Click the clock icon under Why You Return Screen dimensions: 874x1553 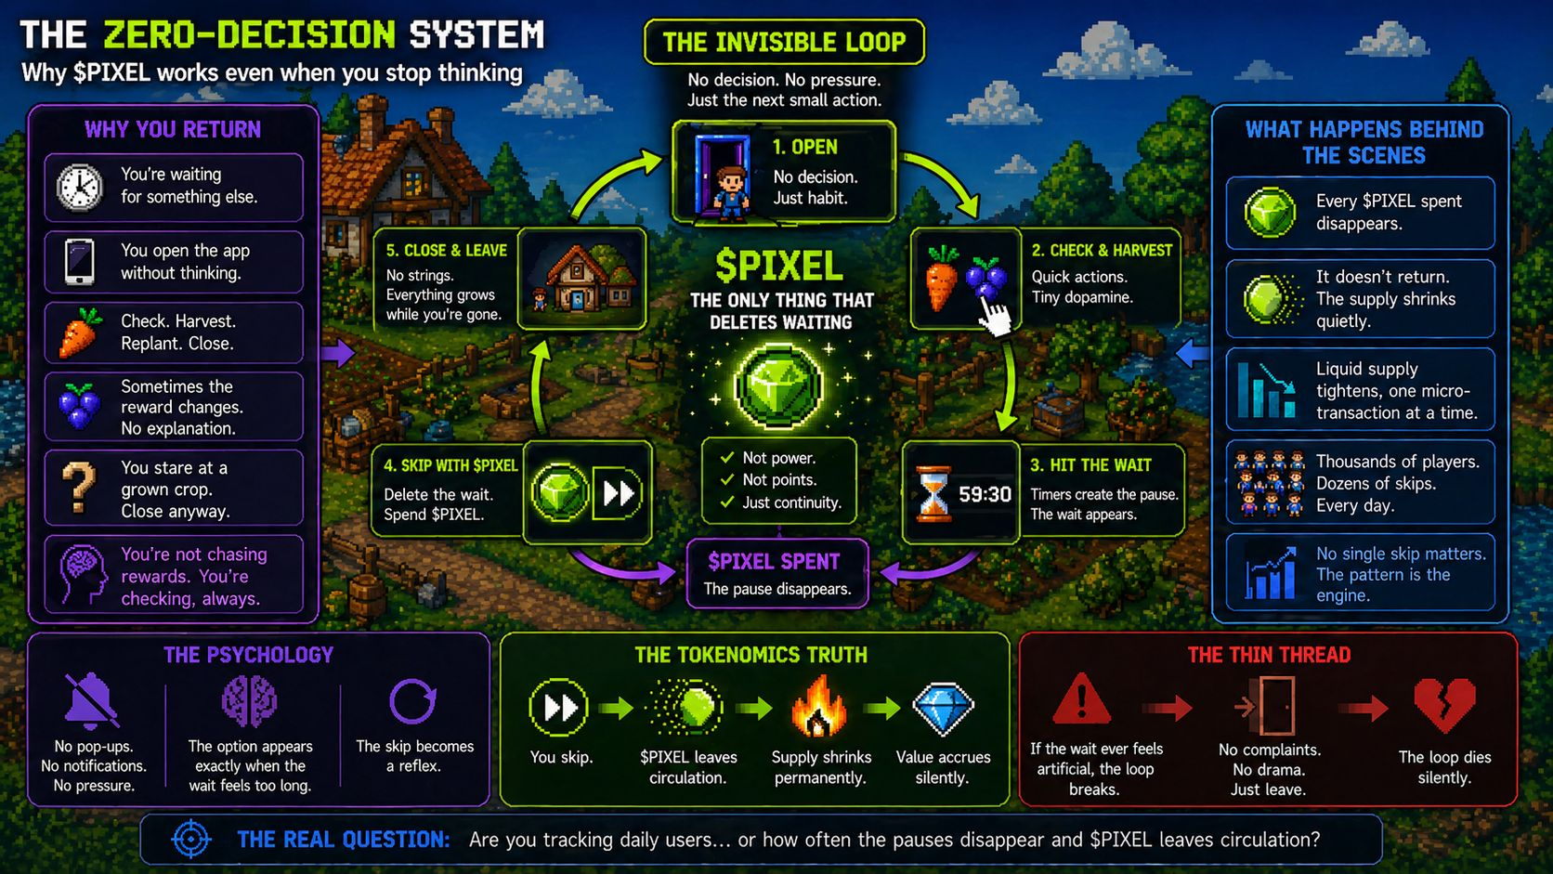coord(80,187)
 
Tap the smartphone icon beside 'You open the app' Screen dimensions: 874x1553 coord(80,261)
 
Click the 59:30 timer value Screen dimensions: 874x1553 coord(985,494)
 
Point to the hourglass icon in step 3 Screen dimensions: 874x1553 coord(933,494)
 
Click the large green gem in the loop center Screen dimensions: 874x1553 coord(778,385)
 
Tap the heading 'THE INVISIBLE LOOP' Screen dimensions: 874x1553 coord(784,42)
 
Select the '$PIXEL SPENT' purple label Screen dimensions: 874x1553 coord(774,561)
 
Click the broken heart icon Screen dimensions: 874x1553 coord(1443,705)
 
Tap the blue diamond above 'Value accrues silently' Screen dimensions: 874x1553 coord(943,708)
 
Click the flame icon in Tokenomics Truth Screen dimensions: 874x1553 coord(818,707)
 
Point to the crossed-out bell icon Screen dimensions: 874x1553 coord(91,700)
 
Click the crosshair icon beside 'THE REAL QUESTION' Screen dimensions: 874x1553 coord(191,840)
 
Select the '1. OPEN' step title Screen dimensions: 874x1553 coord(804,147)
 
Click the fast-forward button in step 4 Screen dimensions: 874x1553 coord(619,492)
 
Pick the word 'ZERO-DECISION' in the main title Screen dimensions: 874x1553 coord(249,35)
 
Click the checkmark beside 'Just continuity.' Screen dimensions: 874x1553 coord(727,502)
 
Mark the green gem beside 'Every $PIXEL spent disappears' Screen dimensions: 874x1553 coord(1270,213)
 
